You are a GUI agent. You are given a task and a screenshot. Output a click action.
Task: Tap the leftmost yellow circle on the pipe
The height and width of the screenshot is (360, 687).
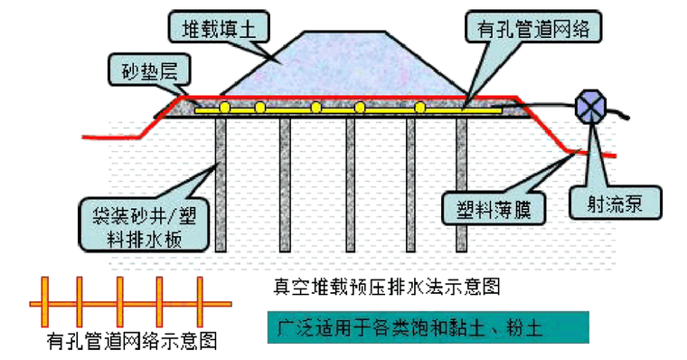coord(217,108)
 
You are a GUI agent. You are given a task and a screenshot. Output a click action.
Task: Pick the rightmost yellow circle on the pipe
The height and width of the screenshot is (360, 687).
coord(420,108)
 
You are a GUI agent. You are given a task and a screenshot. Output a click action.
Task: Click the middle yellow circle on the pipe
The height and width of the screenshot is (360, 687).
coord(315,108)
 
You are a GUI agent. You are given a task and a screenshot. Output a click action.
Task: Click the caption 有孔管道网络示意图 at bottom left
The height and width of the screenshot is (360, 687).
coord(131,342)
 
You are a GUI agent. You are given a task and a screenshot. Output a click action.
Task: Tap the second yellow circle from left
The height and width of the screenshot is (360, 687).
coord(259,108)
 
